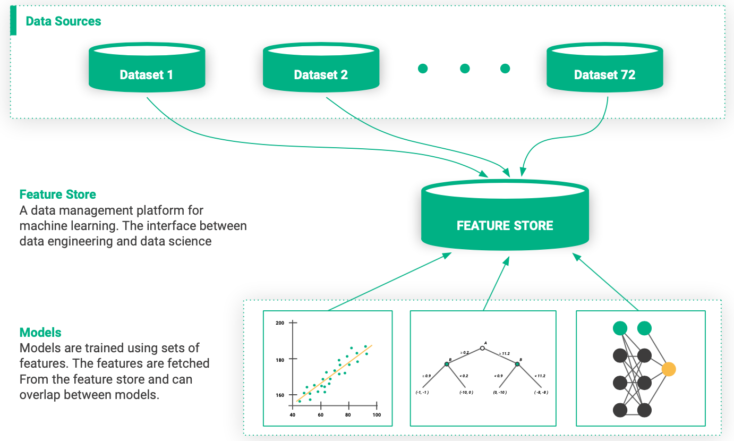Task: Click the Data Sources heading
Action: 63,21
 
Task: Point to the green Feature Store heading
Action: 57,194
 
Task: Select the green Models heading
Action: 40,333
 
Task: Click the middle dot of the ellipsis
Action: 465,69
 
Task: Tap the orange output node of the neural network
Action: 668,369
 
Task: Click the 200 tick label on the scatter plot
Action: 279,323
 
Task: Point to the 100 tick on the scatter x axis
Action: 377,415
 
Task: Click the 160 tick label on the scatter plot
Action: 279,395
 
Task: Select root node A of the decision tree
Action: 483,348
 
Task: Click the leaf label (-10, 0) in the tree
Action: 466,393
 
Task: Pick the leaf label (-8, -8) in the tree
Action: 541,393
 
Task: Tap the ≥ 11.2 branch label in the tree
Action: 502,353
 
